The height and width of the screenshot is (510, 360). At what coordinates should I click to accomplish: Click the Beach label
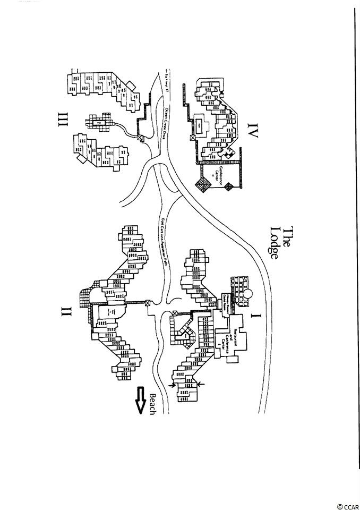(x=153, y=405)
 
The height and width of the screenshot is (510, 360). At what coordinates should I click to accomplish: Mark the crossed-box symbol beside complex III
(x=140, y=138)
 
